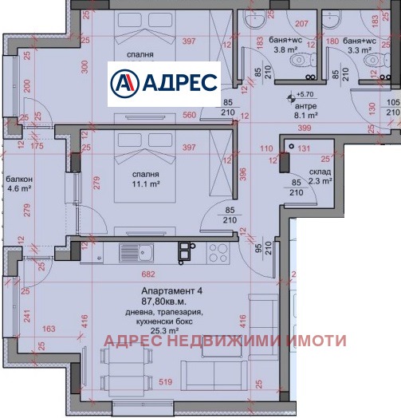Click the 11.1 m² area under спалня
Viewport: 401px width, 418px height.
click(x=147, y=183)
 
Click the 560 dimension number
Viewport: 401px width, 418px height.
click(x=190, y=114)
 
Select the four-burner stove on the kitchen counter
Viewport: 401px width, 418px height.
click(x=218, y=253)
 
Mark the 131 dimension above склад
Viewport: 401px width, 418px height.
click(x=304, y=148)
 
